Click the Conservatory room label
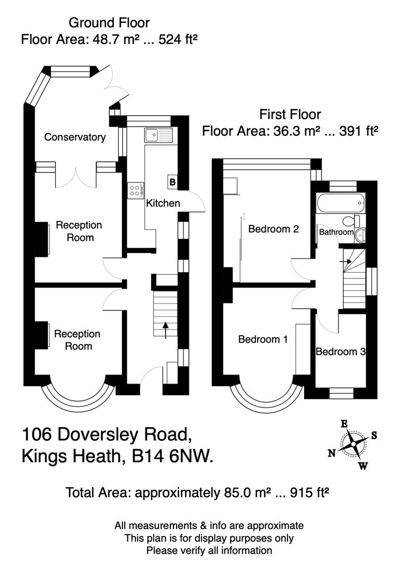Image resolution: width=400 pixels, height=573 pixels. [75, 137]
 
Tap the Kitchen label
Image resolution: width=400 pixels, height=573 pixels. [163, 203]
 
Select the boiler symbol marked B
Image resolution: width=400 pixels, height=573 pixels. [172, 183]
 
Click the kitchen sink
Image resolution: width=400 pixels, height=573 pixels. [158, 134]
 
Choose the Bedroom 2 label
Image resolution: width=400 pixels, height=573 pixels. [274, 229]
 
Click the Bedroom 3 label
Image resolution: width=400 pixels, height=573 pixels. [340, 352]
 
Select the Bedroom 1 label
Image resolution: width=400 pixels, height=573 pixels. [263, 339]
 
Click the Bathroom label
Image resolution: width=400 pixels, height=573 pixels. [336, 232]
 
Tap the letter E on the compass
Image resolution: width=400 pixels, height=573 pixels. [344, 423]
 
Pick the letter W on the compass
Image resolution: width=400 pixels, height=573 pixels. [363, 466]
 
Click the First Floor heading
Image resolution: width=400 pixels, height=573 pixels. [290, 114]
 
